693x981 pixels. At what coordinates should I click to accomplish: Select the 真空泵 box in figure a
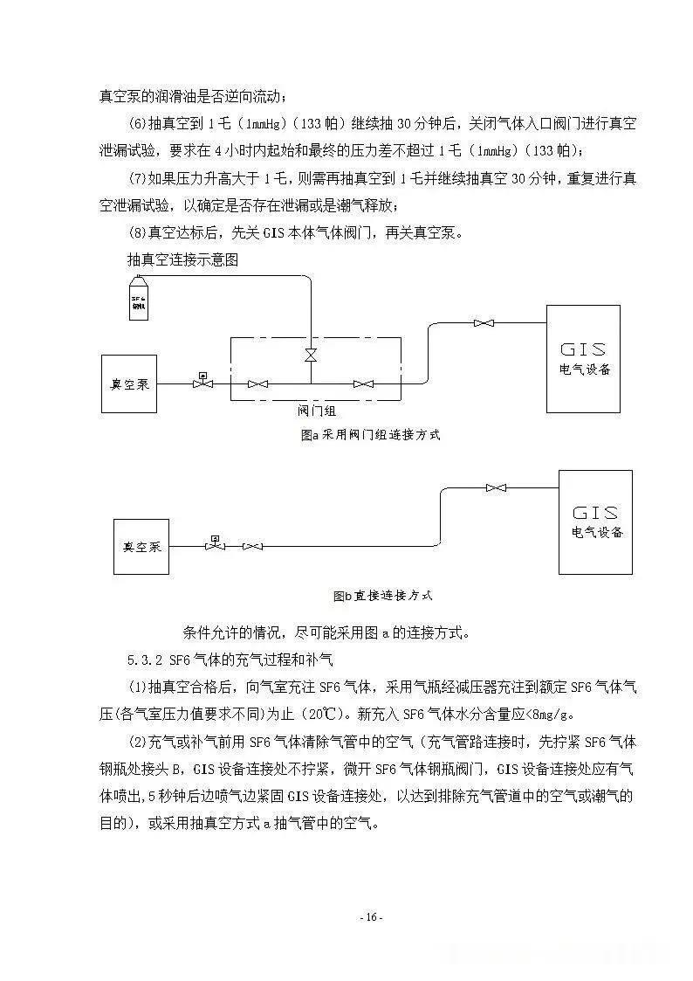click(x=129, y=383)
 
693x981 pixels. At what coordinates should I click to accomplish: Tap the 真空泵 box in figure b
click(x=141, y=546)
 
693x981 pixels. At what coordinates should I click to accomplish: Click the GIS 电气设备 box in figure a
click(x=583, y=359)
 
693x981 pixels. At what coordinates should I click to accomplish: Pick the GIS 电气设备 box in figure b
click(x=595, y=522)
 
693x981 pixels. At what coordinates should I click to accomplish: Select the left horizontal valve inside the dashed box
click(x=257, y=383)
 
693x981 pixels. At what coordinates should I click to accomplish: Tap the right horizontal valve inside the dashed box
click(x=362, y=383)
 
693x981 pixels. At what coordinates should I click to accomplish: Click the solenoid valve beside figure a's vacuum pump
click(x=202, y=382)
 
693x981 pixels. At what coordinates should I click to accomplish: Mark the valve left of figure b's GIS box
click(x=497, y=487)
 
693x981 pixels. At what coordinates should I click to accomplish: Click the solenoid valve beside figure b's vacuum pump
click(x=215, y=544)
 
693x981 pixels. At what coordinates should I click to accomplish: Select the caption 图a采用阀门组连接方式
click(x=369, y=434)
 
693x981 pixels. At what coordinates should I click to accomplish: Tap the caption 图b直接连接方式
click(x=382, y=596)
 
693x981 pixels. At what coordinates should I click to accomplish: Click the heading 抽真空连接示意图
click(x=182, y=260)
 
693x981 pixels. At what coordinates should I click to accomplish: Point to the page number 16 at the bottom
click(x=371, y=917)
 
